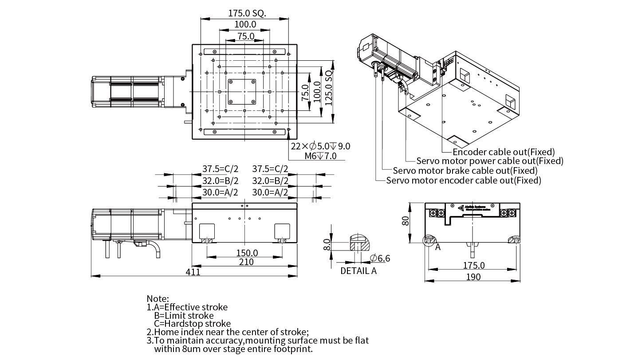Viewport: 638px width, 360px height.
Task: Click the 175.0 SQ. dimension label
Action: [x=247, y=13]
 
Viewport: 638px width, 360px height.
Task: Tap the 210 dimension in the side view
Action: [x=246, y=262]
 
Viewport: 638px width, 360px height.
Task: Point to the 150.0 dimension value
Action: [x=247, y=253]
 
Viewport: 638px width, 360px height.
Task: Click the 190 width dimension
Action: [x=473, y=277]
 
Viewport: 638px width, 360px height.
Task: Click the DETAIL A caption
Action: [x=358, y=271]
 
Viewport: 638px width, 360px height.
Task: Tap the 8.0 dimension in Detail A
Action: [x=327, y=244]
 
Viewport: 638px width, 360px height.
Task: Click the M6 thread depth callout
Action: [x=320, y=156]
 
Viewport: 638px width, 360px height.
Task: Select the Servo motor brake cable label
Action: [x=465, y=171]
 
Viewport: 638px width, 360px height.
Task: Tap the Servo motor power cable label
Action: [x=490, y=161]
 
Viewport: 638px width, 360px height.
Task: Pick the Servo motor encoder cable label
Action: [x=464, y=180]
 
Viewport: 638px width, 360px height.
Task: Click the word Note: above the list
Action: [x=158, y=299]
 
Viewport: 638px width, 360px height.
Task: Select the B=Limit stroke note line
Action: [x=184, y=316]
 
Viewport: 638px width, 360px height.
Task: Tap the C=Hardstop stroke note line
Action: [x=192, y=324]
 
